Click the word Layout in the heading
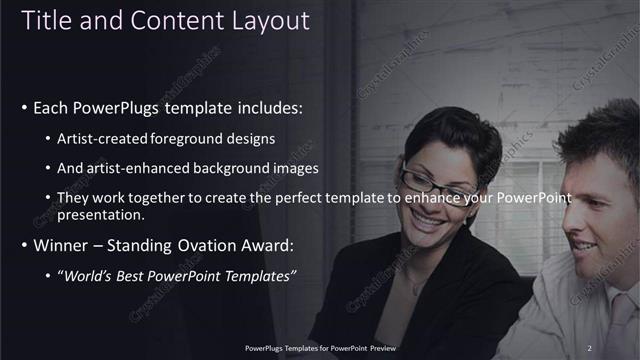click(x=272, y=21)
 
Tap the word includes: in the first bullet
click(x=264, y=107)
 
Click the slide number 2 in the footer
click(x=590, y=348)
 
